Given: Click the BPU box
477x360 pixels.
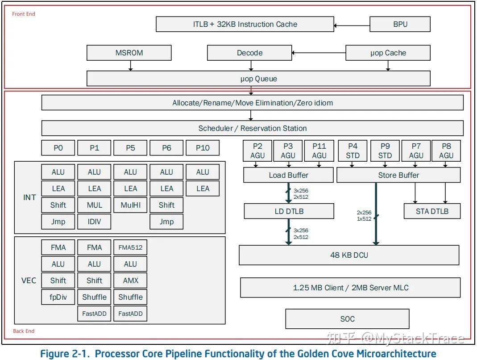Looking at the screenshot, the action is (x=400, y=24).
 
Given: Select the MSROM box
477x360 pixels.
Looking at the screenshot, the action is (x=129, y=53).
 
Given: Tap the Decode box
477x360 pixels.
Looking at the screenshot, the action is (x=249, y=53).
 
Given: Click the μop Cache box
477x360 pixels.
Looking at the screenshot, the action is (x=388, y=53).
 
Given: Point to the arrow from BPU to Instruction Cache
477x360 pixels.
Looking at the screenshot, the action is (x=352, y=25).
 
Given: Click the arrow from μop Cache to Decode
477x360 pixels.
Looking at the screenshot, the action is (x=319, y=53).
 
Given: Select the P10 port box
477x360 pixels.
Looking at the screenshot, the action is (x=203, y=148).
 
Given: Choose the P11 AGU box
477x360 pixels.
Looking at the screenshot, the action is (x=319, y=151).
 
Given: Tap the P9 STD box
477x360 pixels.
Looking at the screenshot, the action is (x=385, y=151).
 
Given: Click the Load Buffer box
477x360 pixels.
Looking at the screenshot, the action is (x=288, y=175).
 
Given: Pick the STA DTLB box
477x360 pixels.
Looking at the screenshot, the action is (x=432, y=211).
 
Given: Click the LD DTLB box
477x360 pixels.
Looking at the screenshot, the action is (x=289, y=211).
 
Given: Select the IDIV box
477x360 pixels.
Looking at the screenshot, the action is (x=94, y=222).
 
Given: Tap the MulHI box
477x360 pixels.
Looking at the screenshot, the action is (x=130, y=205).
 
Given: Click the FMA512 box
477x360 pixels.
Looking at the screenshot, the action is (x=130, y=247).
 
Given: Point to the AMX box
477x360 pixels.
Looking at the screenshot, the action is (x=130, y=280).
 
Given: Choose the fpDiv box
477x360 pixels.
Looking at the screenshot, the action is (x=58, y=297).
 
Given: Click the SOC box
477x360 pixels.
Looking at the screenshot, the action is (x=348, y=319).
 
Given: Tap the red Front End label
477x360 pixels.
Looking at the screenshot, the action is (x=23, y=14).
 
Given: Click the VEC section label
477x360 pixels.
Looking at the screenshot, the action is (x=29, y=280).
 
